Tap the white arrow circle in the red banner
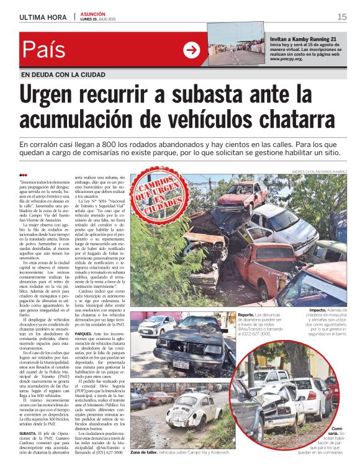[191, 50]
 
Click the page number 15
[342, 17]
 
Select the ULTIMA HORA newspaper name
[43, 17]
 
